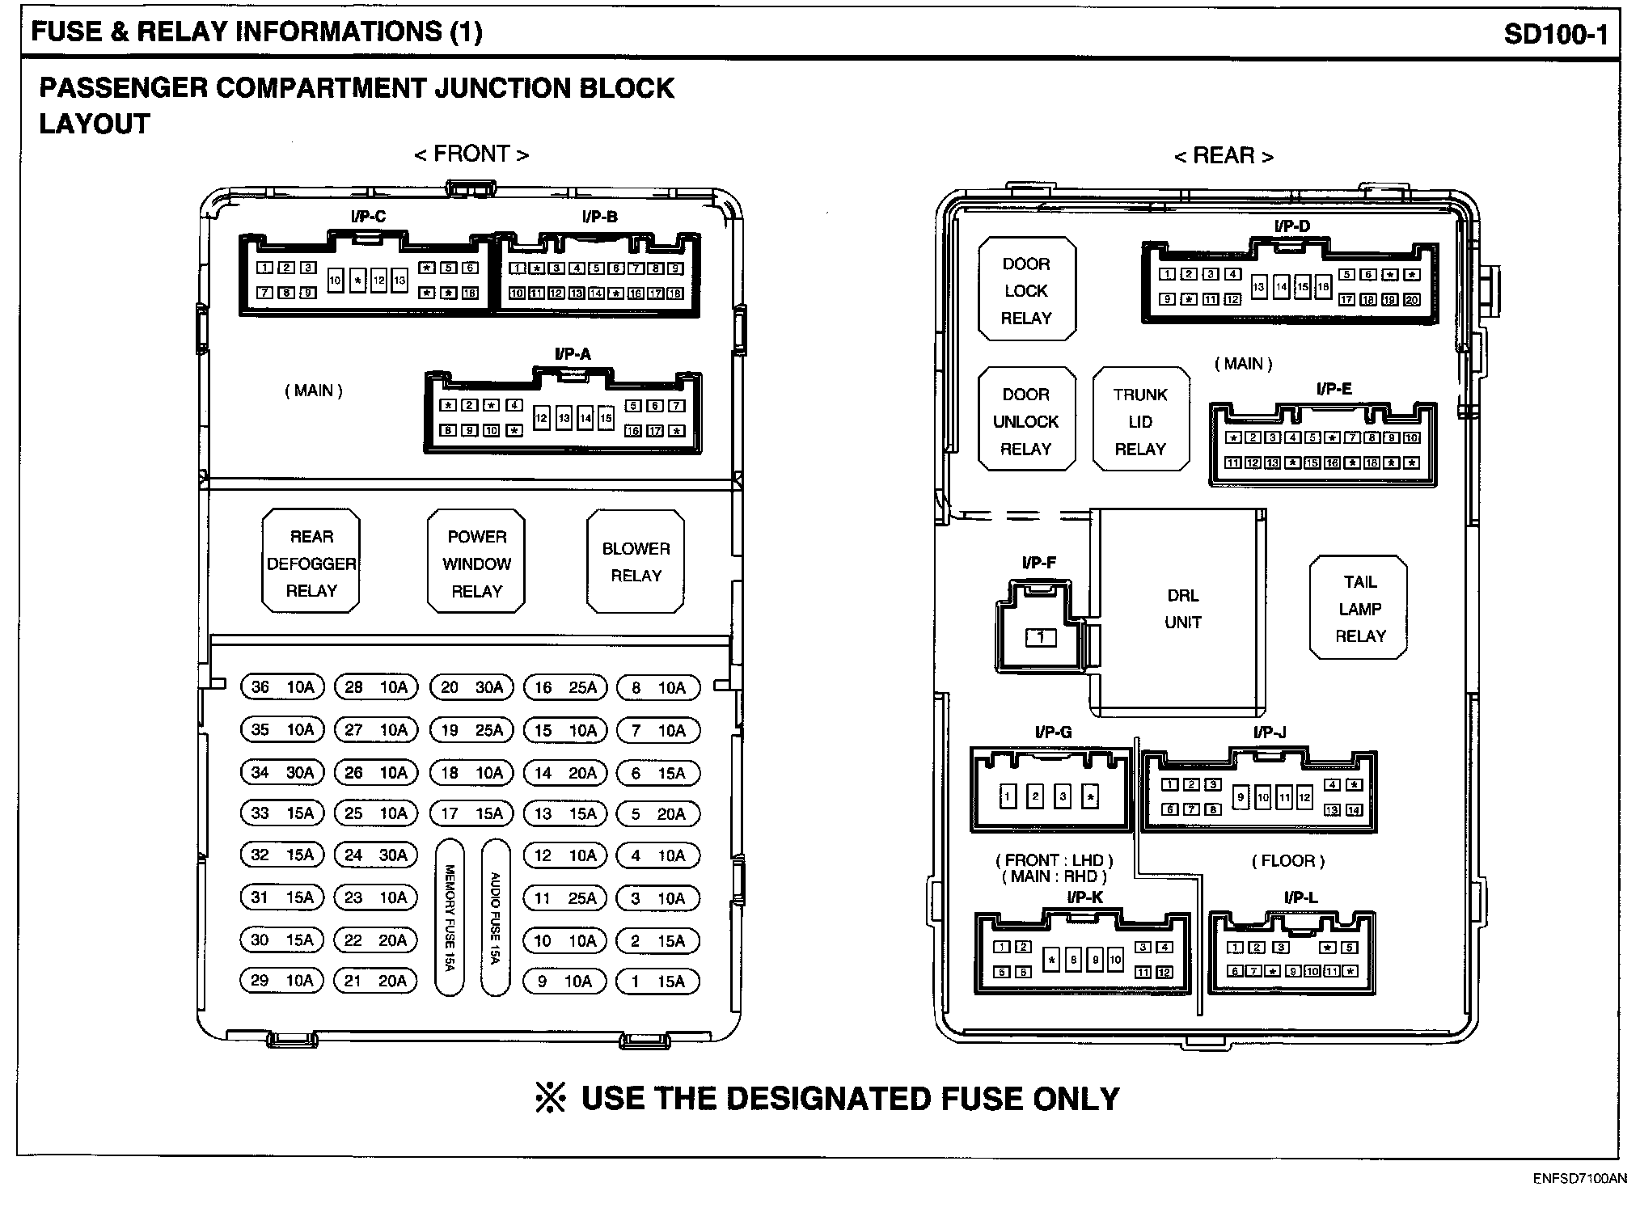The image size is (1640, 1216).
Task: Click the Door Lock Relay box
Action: pyautogui.click(x=1026, y=290)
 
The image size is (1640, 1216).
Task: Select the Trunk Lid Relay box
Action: pyautogui.click(x=1140, y=421)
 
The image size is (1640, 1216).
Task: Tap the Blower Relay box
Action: pyautogui.click(x=636, y=562)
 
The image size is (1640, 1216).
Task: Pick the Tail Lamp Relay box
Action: pyautogui.click(x=1359, y=609)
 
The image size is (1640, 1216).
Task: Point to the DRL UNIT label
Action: pyautogui.click(x=1182, y=609)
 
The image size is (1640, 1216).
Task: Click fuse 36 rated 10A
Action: pyautogui.click(x=281, y=687)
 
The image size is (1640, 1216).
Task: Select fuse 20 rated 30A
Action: pyautogui.click(x=471, y=687)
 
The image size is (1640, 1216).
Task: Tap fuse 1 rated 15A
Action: pyautogui.click(x=657, y=982)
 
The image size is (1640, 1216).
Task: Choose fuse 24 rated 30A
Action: pyautogui.click(x=376, y=855)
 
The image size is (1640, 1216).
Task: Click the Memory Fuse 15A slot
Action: pyautogui.click(x=450, y=918)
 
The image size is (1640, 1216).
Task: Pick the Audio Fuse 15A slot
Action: pyautogui.click(x=495, y=918)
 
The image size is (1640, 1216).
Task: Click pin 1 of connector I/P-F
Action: pyautogui.click(x=1041, y=638)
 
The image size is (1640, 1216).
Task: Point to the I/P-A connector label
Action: pyautogui.click(x=573, y=354)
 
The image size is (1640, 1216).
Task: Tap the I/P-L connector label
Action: pyautogui.click(x=1300, y=897)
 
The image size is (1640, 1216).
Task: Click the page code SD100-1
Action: pyautogui.click(x=1555, y=34)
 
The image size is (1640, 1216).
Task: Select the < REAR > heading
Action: pyautogui.click(x=1224, y=155)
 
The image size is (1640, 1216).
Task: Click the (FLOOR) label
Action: pyautogui.click(x=1288, y=861)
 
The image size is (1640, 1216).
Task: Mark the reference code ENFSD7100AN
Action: pyautogui.click(x=1579, y=1179)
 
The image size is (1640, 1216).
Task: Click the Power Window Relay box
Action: pyautogui.click(x=476, y=564)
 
